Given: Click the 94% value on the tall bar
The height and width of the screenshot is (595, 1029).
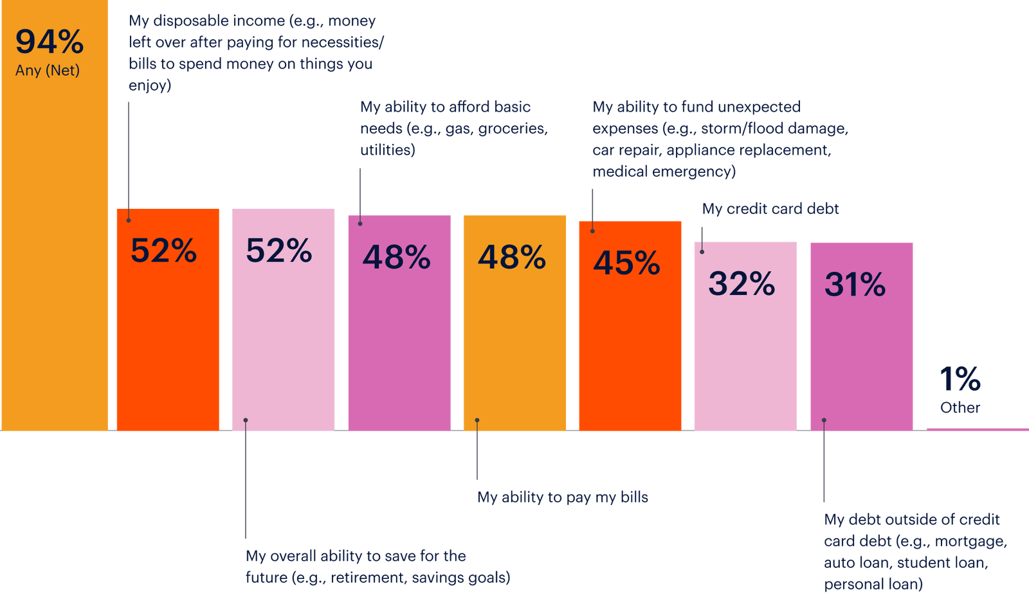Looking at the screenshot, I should point(50,42).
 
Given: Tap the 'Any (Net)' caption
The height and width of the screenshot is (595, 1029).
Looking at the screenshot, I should point(48,71).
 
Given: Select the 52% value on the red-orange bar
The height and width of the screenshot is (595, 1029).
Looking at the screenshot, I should point(163,251).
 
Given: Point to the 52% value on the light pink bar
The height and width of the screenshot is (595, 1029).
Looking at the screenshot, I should point(278,251).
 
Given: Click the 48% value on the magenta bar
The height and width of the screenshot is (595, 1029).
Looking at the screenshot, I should point(396,258).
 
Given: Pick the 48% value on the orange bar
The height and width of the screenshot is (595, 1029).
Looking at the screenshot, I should point(511,258).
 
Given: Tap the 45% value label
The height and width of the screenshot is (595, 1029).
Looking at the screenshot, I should point(626,263).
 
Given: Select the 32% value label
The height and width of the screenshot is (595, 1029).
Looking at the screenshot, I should point(742,284).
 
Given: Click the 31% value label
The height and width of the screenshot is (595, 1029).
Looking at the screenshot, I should point(855,285).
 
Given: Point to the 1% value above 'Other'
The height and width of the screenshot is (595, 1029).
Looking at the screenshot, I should point(960,379).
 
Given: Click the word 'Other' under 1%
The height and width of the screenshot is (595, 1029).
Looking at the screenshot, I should point(960,408).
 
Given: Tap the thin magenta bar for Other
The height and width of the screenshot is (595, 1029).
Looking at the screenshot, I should point(976,429).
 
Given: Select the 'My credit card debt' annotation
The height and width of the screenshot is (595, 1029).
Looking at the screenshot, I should point(770,209).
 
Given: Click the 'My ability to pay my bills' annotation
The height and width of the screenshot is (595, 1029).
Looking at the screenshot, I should point(563,497).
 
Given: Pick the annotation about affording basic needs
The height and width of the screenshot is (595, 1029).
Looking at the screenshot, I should point(453,129).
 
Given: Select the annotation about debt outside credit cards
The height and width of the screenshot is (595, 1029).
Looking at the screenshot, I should point(914,551).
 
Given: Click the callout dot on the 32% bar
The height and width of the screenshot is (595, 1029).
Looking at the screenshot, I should point(702,252).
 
